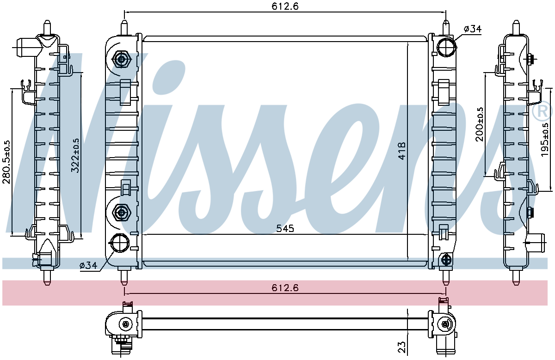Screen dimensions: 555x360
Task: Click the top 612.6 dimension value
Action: point(285,6)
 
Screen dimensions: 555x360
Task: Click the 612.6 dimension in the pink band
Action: point(285,288)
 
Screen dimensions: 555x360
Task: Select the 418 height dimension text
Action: point(402,151)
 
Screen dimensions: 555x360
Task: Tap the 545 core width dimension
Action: point(285,228)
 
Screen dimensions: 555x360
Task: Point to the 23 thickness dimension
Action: point(402,347)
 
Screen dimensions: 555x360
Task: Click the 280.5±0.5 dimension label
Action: point(6,162)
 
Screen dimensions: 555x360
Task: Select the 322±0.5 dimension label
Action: point(75,155)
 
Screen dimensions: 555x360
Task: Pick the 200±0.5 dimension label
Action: point(479,124)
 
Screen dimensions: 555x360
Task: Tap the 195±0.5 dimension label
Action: point(545,140)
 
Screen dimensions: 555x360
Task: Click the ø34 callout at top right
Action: point(473,29)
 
